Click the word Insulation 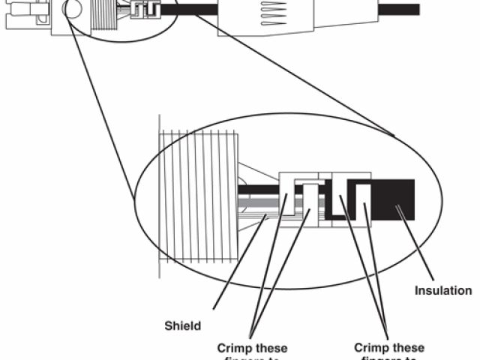point(443,290)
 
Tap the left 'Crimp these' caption point(252,348)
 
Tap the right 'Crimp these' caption point(388,348)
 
